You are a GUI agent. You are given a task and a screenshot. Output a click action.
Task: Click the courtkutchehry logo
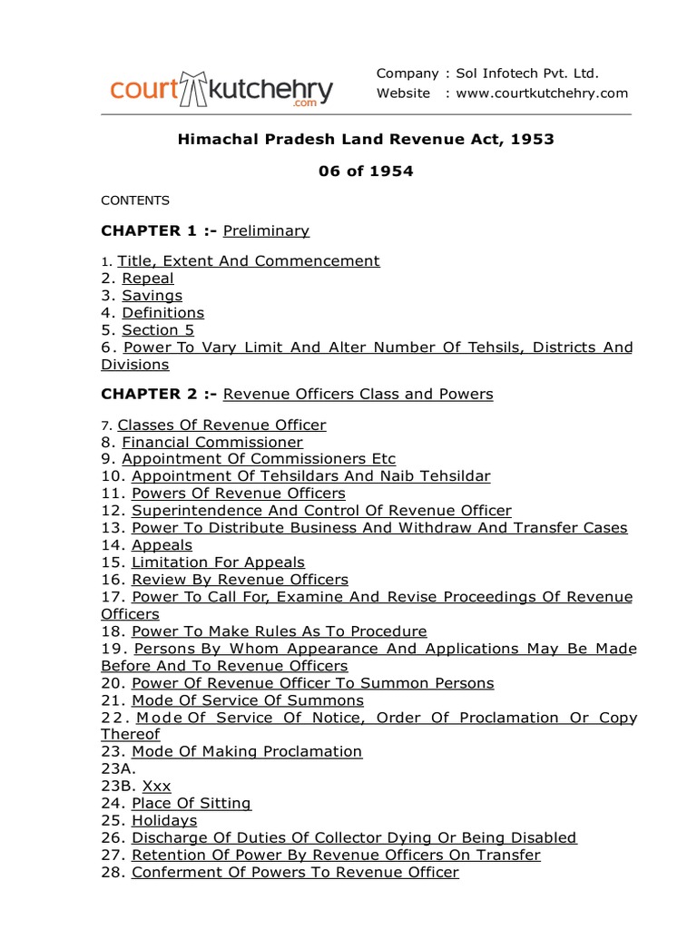(221, 90)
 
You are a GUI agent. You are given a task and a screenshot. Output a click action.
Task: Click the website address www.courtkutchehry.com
(543, 93)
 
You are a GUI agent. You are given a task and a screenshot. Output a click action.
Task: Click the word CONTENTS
(134, 200)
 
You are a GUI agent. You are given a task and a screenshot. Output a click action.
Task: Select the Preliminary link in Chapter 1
(266, 230)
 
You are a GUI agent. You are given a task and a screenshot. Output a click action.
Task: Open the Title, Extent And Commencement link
(249, 261)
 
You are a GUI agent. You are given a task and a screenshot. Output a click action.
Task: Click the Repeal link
(148, 279)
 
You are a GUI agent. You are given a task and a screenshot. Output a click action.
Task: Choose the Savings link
(152, 296)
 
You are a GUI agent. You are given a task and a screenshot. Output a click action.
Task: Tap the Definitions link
(163, 313)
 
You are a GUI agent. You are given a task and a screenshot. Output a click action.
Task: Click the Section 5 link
(158, 330)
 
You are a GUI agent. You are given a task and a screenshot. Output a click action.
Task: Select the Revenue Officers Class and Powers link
(358, 394)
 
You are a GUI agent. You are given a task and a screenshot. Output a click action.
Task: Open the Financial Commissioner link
(212, 442)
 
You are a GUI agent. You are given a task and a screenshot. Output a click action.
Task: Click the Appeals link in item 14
(162, 545)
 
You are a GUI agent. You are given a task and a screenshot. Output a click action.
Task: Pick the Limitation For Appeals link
(218, 562)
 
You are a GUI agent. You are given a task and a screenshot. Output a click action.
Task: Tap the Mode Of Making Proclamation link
(247, 751)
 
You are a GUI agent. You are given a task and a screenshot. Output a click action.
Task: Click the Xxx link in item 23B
(156, 786)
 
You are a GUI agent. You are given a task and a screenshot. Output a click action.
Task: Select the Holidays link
(164, 820)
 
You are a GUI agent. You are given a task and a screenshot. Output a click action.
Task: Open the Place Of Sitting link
(191, 803)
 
